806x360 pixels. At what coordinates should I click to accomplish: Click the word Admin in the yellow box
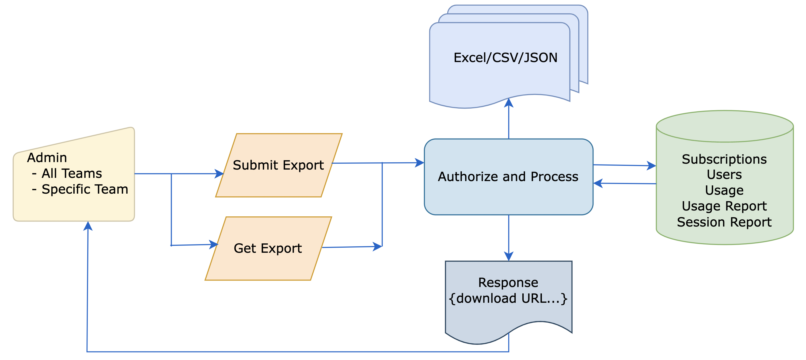[47, 158]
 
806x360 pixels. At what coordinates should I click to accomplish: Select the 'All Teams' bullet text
[72, 173]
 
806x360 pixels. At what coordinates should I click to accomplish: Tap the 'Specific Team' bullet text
[85, 189]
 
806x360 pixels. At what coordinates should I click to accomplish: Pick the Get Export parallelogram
[268, 248]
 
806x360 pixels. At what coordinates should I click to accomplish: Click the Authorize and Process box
[508, 177]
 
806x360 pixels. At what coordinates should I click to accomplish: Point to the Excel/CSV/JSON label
[505, 58]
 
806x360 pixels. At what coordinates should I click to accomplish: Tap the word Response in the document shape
[508, 282]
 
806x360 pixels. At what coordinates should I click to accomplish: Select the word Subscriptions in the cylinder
[724, 159]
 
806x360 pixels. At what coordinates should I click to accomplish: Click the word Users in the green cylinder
[724, 175]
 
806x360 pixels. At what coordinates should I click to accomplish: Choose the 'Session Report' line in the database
[724, 222]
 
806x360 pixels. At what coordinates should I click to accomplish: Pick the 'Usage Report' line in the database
[724, 206]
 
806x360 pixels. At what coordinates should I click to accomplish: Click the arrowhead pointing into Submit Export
[220, 174]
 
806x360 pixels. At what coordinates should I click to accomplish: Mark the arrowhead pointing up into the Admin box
[88, 225]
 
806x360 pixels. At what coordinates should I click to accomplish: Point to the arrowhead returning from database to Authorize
[598, 183]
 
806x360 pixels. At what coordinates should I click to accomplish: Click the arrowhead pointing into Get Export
[214, 244]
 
